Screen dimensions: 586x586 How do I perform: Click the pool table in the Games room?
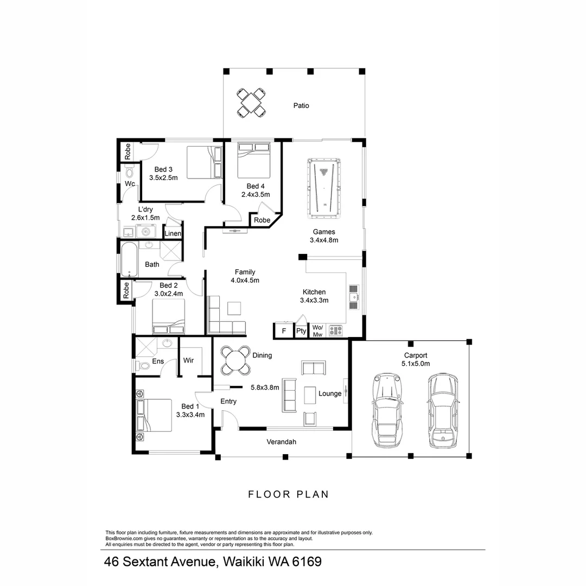pyautogui.click(x=324, y=186)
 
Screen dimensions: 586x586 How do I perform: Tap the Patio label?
pyautogui.click(x=301, y=106)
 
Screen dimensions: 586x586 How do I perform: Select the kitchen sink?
pyautogui.click(x=354, y=297)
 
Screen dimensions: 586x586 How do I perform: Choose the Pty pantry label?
pyautogui.click(x=301, y=331)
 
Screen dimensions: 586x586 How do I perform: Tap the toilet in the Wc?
pyautogui.click(x=129, y=173)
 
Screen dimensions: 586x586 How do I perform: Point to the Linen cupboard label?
pyautogui.click(x=173, y=234)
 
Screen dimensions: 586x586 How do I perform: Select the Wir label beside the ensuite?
pyautogui.click(x=189, y=360)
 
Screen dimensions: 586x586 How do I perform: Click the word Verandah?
pyautogui.click(x=281, y=442)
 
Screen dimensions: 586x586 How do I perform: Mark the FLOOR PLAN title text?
pyautogui.click(x=289, y=494)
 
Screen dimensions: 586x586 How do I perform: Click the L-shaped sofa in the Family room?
pyautogui.click(x=222, y=320)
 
